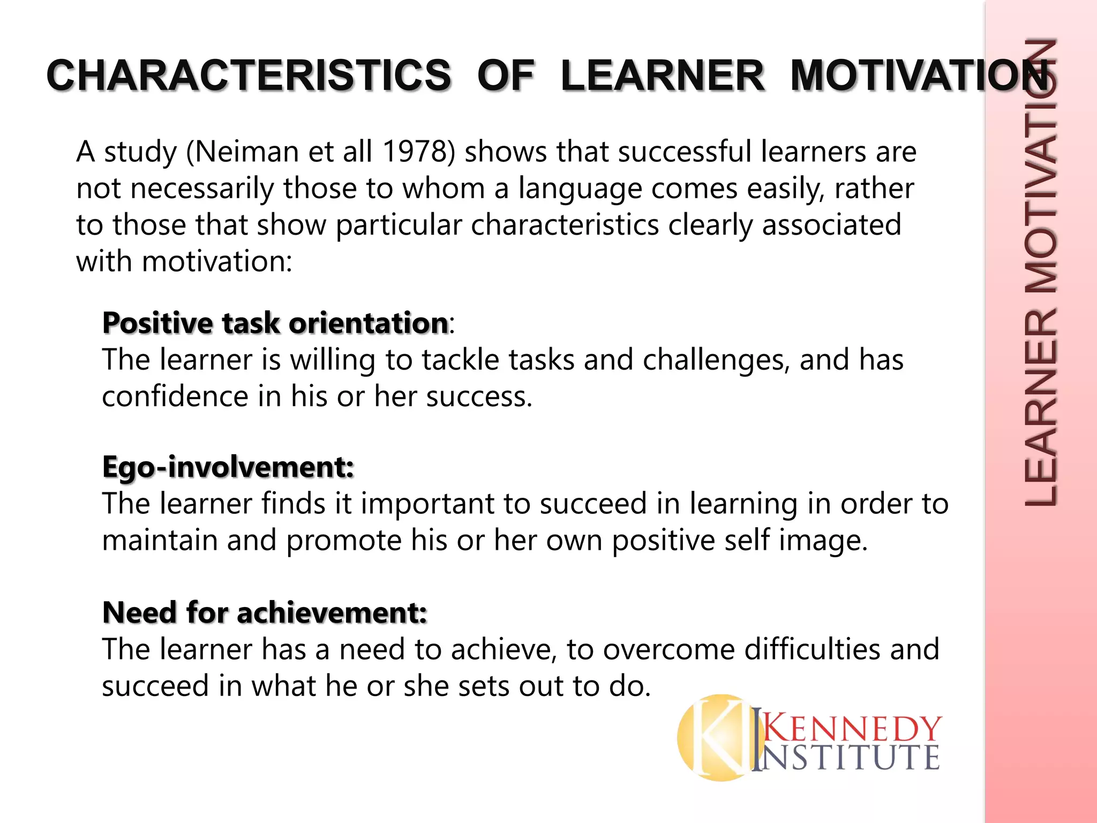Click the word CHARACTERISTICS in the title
(x=249, y=76)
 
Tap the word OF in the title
(x=506, y=76)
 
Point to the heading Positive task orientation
(x=275, y=323)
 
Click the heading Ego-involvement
(x=228, y=467)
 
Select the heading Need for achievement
(x=265, y=612)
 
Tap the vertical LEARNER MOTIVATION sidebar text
(x=1040, y=273)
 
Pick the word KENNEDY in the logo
(x=852, y=729)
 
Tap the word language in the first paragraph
(x=580, y=189)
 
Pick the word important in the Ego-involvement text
(x=449, y=504)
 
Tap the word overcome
(x=669, y=649)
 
